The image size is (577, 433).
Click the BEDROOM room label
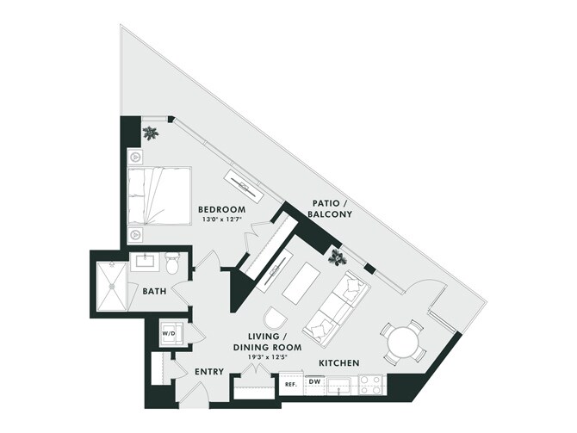pyautogui.click(x=221, y=209)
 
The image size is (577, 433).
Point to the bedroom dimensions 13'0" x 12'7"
pyautogui.click(x=221, y=220)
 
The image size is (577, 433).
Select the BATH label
pyautogui.click(x=155, y=291)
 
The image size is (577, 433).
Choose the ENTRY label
pyautogui.click(x=209, y=372)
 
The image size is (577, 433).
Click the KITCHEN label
pyautogui.click(x=338, y=363)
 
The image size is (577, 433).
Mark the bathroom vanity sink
pyautogui.click(x=143, y=259)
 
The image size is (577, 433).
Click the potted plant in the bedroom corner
pyautogui.click(x=152, y=133)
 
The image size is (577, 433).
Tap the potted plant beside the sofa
pyautogui.click(x=338, y=255)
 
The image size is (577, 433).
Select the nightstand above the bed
pyautogui.click(x=136, y=158)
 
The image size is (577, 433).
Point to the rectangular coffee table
pyautogui.click(x=301, y=279)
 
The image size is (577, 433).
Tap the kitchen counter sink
pyautogui.click(x=340, y=385)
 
